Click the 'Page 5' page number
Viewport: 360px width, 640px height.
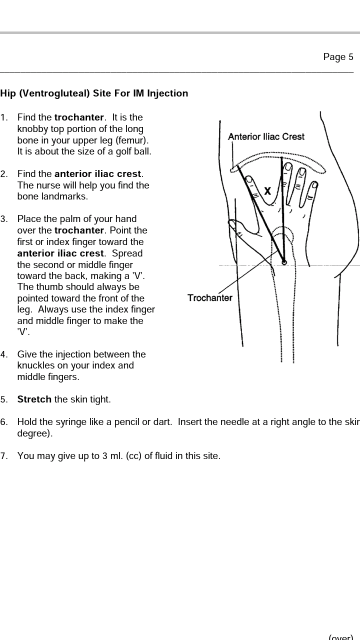338,57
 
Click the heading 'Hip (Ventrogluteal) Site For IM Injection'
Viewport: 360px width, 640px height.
94,93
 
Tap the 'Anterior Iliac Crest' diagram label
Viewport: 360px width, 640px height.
266,137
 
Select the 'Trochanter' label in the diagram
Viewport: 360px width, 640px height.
210,298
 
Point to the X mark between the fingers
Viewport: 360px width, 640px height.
267,191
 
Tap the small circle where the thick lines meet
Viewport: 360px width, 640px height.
284,262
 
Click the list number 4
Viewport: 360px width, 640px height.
4,354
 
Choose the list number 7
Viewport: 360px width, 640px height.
4,456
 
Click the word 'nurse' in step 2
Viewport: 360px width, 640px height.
43,186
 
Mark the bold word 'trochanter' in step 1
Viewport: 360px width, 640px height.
79,118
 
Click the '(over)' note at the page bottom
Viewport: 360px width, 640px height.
341,637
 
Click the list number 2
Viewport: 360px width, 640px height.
4,174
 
